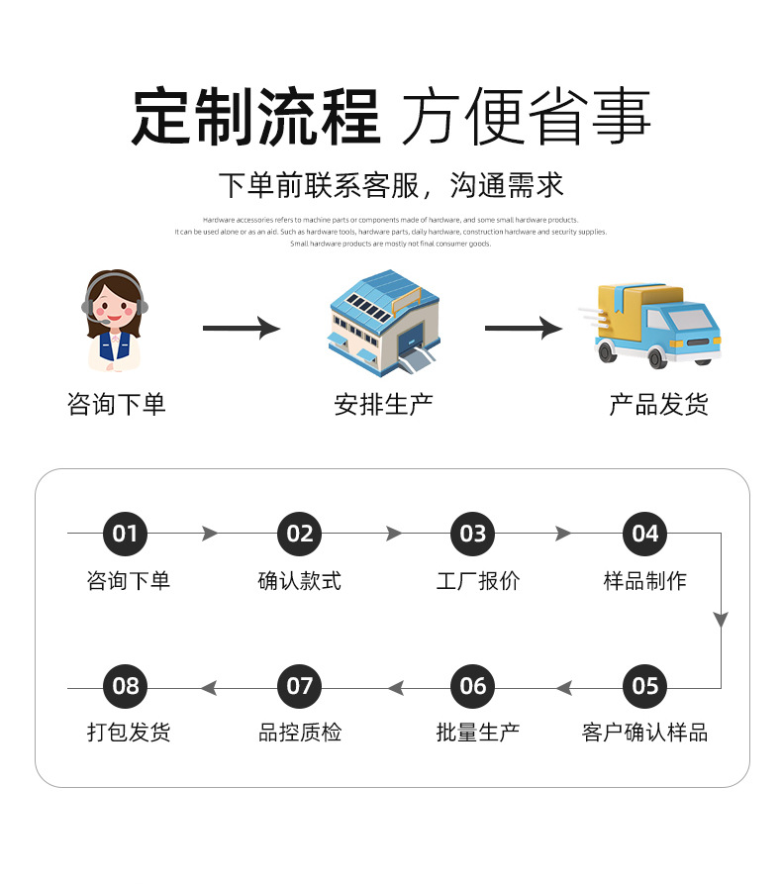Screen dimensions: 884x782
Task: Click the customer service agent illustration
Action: (x=116, y=320)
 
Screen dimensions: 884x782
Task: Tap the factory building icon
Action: (x=383, y=324)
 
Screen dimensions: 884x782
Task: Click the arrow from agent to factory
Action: (x=241, y=328)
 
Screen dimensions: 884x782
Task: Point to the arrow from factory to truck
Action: (x=523, y=328)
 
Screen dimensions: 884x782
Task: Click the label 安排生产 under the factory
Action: (x=383, y=404)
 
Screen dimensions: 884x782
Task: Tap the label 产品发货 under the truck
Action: (x=658, y=404)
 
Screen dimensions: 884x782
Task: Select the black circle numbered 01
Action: (x=125, y=535)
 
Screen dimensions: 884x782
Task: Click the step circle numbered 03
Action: (x=473, y=535)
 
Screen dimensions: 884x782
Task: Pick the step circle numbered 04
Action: (x=645, y=535)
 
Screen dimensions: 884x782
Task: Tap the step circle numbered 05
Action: (x=645, y=686)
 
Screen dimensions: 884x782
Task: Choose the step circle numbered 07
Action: (x=299, y=686)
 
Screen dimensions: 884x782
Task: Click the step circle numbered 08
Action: (x=125, y=686)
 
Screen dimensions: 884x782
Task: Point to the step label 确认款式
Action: (x=299, y=581)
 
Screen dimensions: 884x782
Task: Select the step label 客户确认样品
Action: (x=644, y=733)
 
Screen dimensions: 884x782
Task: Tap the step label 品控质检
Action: (x=299, y=733)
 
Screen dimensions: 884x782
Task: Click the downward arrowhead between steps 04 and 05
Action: (x=721, y=620)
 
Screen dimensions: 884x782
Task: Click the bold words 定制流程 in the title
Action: (x=255, y=118)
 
